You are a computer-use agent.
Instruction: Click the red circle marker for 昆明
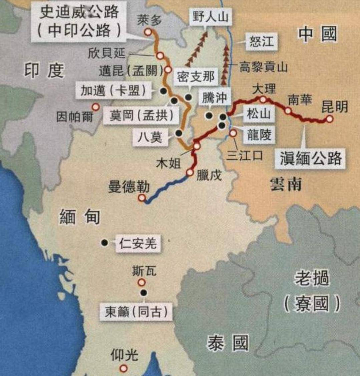[330, 119]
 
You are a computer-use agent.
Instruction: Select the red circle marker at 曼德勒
[142, 198]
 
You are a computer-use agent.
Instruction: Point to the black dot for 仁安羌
[104, 243]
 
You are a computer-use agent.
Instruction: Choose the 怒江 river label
[262, 41]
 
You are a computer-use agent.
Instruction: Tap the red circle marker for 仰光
[124, 368]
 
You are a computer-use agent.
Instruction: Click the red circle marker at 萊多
[148, 32]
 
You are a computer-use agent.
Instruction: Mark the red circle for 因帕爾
[96, 107]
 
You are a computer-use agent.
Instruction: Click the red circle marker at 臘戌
[190, 173]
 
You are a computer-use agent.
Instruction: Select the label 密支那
[196, 77]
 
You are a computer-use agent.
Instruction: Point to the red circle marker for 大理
[263, 99]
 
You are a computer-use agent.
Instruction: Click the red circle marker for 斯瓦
[142, 283]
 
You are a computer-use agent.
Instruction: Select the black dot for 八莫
[179, 133]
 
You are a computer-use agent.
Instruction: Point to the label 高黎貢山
[263, 67]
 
